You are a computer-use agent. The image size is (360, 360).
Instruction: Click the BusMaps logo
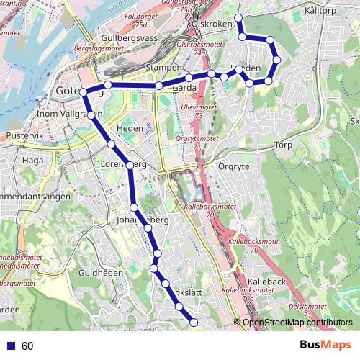click(x=326, y=346)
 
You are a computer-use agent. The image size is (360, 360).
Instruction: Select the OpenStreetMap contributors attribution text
click(x=297, y=323)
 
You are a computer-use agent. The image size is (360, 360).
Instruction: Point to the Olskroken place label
click(x=212, y=24)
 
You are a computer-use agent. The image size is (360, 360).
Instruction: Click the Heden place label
click(x=130, y=127)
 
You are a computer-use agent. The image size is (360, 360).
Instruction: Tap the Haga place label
click(x=33, y=161)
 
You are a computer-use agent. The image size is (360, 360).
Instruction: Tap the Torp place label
click(x=284, y=145)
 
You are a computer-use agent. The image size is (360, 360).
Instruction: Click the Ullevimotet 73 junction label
click(x=193, y=111)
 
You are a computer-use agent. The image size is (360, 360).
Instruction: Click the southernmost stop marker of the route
click(x=193, y=323)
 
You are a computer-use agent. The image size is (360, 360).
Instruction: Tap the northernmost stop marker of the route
click(x=238, y=17)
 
